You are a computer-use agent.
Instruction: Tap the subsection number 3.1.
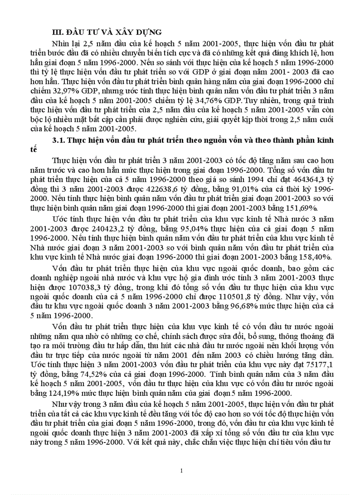pos(59,140)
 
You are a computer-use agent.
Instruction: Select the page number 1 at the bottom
pos(182,471)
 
